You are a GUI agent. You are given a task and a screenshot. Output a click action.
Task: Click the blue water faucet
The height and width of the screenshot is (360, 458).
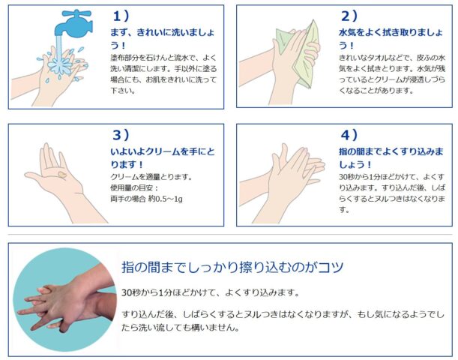pos(73,24)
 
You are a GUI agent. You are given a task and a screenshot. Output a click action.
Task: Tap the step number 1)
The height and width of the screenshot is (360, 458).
pos(121,16)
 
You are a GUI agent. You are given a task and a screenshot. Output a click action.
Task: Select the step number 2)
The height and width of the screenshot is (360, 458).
pos(349,16)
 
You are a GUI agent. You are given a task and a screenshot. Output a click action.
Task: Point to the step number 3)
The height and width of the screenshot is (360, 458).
pos(121,135)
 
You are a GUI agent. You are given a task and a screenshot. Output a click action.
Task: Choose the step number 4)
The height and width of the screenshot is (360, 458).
pos(349,135)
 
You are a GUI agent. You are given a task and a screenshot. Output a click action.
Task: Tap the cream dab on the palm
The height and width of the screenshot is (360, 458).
pos(62,175)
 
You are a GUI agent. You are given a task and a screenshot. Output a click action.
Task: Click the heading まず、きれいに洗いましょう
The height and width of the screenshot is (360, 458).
pos(162,38)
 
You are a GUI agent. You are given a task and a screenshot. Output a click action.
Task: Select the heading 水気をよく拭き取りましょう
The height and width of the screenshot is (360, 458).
pos(391,38)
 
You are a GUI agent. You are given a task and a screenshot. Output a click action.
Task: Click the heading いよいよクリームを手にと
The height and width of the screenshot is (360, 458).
pos(162,151)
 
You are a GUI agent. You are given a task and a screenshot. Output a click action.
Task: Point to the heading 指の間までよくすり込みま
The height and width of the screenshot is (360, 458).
pos(391,151)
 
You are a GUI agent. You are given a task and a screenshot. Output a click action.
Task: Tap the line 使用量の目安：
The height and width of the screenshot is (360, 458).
pos(134,188)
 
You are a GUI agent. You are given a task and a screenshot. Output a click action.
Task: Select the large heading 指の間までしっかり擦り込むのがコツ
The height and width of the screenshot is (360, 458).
pos(232,267)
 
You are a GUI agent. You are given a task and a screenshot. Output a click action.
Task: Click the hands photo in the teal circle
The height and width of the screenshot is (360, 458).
pos(64,299)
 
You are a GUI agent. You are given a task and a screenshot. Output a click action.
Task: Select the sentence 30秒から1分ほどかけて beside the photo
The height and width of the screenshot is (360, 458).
pos(211,292)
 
